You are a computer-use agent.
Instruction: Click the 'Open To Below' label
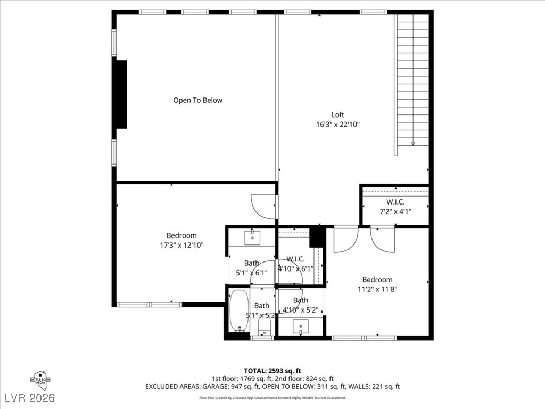tap(197, 100)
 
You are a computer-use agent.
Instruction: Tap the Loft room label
tap(338, 114)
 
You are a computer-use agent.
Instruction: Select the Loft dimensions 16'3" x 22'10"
tap(338, 125)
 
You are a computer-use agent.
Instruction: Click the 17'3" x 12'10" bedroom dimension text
tap(181, 245)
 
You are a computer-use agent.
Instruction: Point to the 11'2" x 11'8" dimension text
tap(377, 289)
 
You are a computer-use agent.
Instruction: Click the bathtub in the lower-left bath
tap(239, 310)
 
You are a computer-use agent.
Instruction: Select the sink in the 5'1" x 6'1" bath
tap(252, 238)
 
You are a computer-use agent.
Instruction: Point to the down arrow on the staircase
tap(413, 143)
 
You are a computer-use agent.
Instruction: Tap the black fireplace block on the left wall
tap(121, 94)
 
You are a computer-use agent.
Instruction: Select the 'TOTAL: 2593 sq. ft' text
tap(272, 371)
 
